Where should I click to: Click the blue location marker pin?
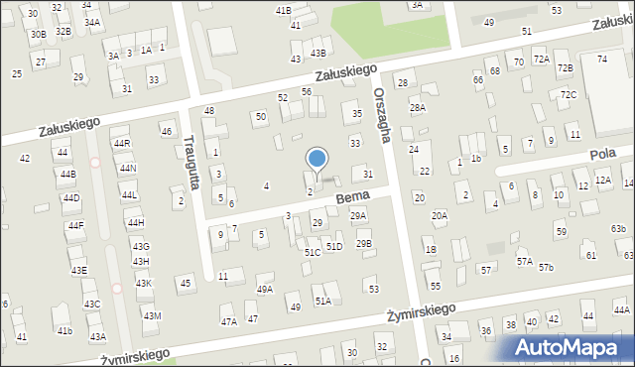[x=317, y=160]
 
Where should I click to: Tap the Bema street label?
[x=352, y=199]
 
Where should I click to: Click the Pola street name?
[x=602, y=155]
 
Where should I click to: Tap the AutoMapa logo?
[x=571, y=347]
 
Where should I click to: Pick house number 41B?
[x=284, y=10]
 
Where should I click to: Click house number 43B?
[x=317, y=54]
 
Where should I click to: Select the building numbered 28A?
[x=418, y=107]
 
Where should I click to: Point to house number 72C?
[x=568, y=94]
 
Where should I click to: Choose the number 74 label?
[x=601, y=60]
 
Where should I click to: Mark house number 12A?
[x=603, y=181]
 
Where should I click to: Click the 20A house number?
[x=439, y=215]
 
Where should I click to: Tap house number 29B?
[x=364, y=243]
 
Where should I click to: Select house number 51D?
[x=334, y=246]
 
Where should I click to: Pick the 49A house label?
[x=265, y=289]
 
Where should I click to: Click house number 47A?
[x=229, y=321]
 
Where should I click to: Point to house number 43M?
[x=152, y=315]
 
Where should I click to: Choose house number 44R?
[x=122, y=144]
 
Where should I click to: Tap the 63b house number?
[x=618, y=229]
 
